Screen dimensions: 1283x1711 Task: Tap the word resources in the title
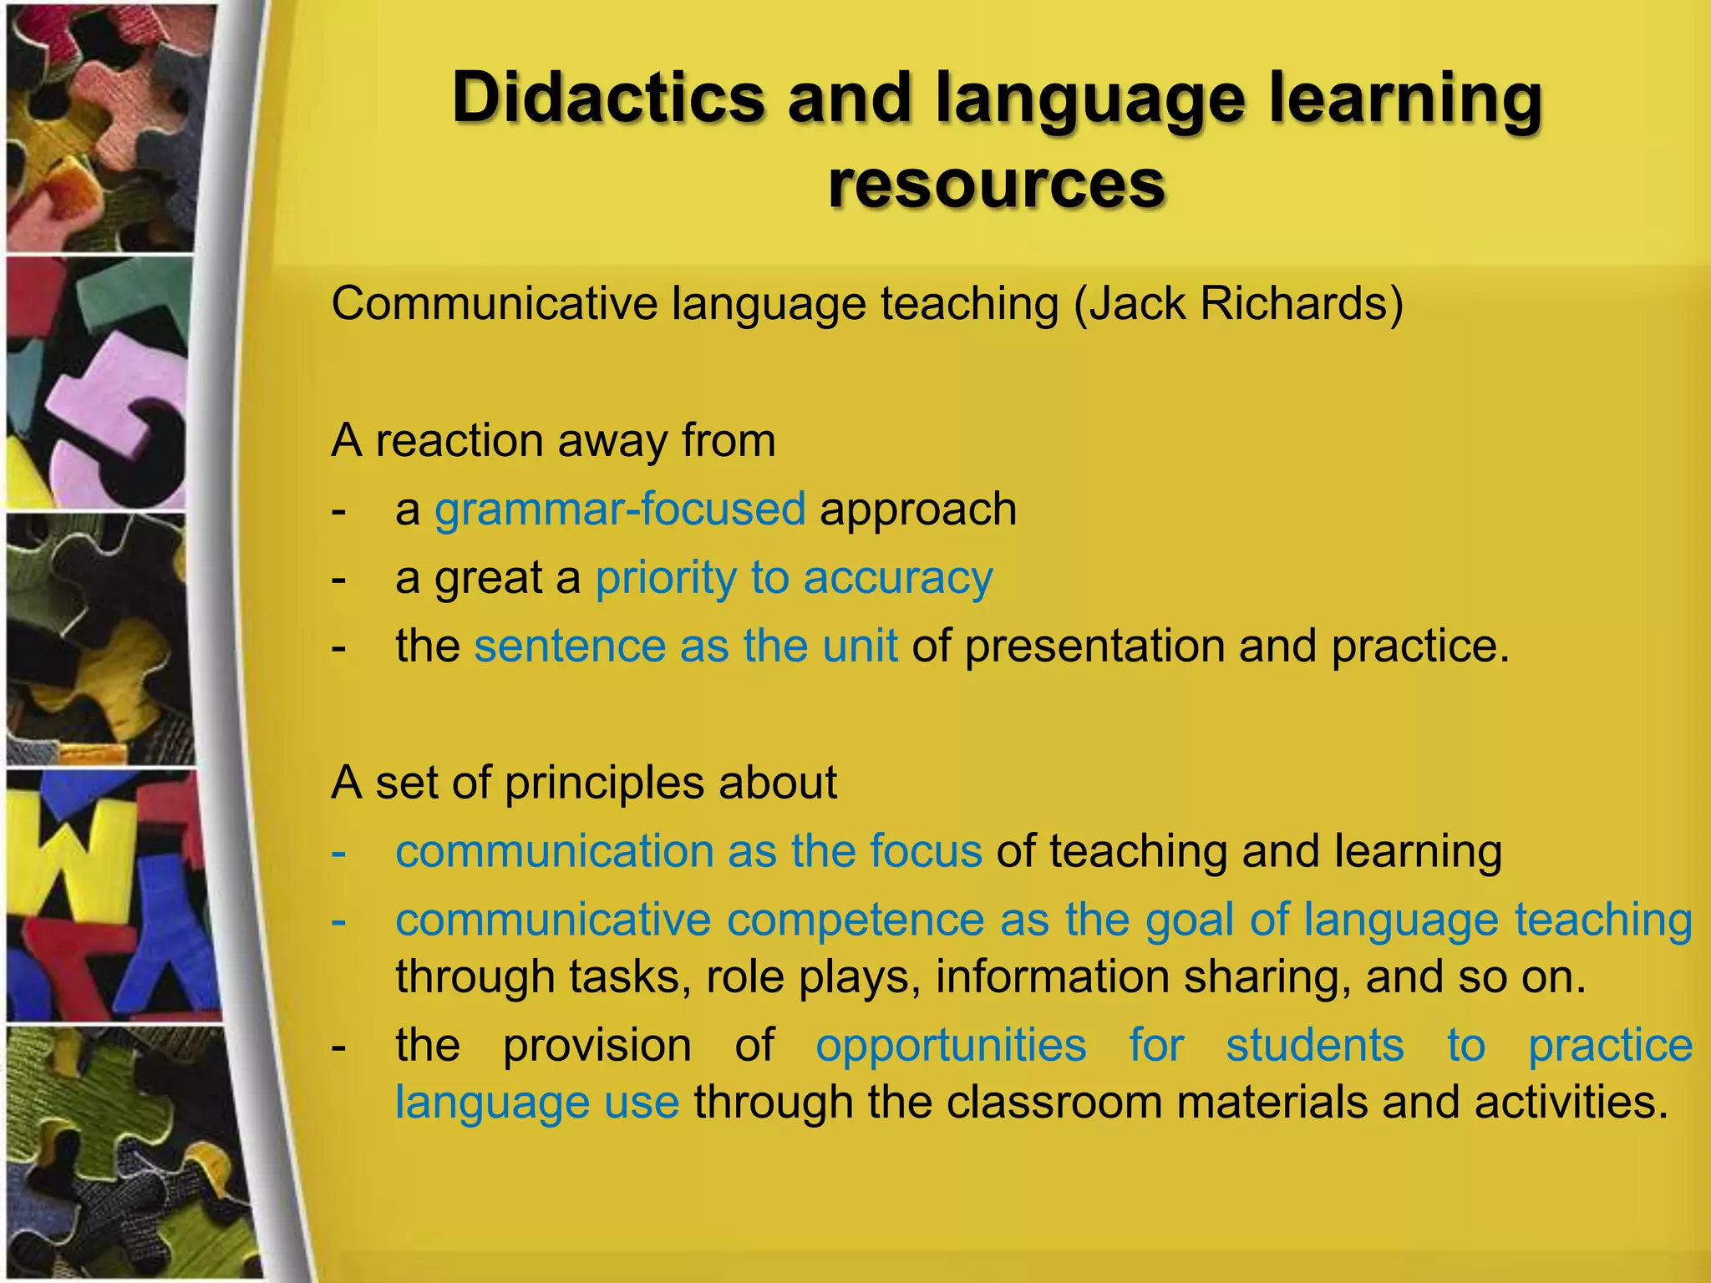[x=996, y=184]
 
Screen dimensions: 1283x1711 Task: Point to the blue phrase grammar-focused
[x=620, y=510]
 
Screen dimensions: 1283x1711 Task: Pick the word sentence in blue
[x=571, y=646]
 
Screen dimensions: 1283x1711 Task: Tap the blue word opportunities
[x=951, y=1045]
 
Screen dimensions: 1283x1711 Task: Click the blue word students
[x=1315, y=1045]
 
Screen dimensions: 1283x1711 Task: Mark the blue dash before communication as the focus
[x=338, y=852]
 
